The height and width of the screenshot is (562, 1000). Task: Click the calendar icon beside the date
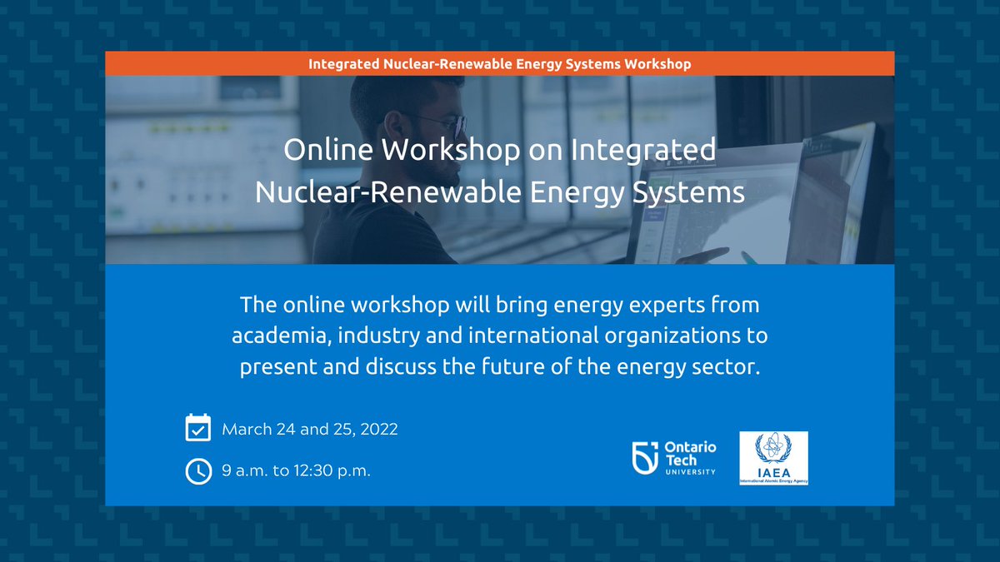tap(197, 429)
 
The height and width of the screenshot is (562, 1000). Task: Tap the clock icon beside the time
tap(197, 470)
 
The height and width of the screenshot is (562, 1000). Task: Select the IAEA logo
tap(773, 458)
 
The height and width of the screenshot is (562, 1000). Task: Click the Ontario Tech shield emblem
tap(646, 458)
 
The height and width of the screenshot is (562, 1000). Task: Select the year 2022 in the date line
tap(378, 430)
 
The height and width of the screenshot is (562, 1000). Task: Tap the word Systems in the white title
tap(692, 192)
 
